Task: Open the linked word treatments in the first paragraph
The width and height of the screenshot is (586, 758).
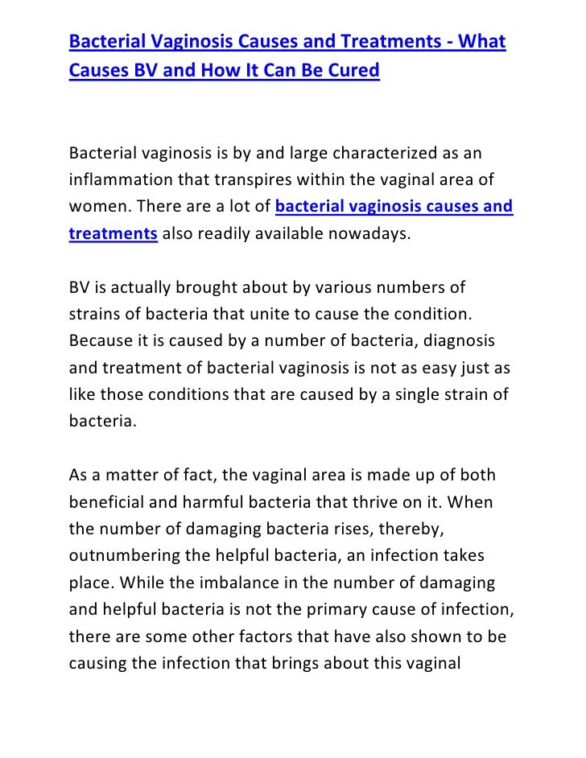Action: [x=113, y=234]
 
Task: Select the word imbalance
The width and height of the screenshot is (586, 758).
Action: [x=247, y=582]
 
